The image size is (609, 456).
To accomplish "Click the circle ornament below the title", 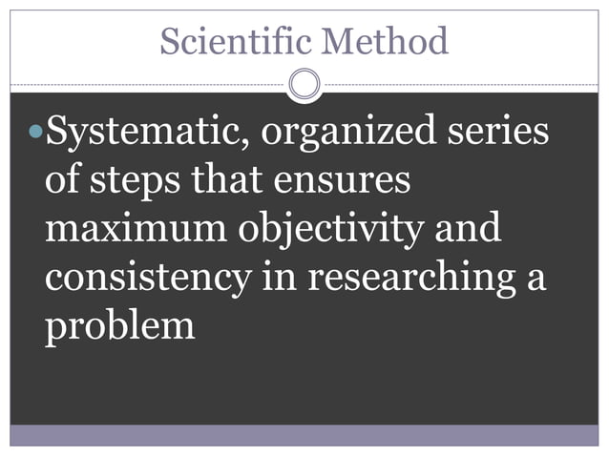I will click(304, 85).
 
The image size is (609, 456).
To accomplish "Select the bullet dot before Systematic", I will click(36, 134).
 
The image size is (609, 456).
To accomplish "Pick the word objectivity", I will click(324, 232).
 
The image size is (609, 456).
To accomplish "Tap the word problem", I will click(119, 326).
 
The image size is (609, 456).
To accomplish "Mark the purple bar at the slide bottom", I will click(304, 436).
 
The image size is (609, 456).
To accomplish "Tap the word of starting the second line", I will click(62, 181).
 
